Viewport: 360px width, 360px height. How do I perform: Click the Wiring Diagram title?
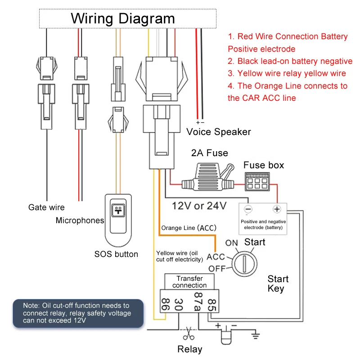123,18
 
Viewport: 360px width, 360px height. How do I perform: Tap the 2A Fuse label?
209,153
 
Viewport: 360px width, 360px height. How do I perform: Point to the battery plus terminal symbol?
277,209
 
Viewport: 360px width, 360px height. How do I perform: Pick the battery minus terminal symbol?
248,209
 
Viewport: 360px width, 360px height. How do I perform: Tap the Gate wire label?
46,207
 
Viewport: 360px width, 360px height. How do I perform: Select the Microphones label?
80,220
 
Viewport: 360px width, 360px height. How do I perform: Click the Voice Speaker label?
219,132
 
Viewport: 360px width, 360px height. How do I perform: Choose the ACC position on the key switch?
216,257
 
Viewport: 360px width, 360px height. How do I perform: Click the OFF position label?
217,270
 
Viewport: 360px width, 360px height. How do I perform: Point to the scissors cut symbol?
189,334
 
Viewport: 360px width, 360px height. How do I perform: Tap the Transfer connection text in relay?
189,282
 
